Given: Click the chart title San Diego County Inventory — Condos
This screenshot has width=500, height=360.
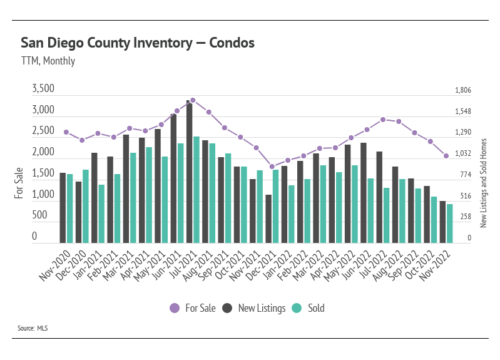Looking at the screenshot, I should pyautogui.click(x=138, y=43).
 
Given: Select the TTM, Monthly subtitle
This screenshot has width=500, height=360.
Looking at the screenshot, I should pyautogui.click(x=48, y=61).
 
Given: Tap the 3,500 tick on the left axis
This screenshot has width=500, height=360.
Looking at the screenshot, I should pyautogui.click(x=43, y=90).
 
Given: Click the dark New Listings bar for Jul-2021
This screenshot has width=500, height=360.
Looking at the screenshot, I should pyautogui.click(x=188, y=171).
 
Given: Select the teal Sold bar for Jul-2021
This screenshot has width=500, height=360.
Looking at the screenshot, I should pyautogui.click(x=196, y=189).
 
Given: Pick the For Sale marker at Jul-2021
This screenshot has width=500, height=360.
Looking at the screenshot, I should pyautogui.click(x=193, y=100).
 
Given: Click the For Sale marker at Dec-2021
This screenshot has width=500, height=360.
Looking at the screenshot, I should pyautogui.click(x=272, y=167).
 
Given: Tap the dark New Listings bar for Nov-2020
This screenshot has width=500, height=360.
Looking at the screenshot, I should pyautogui.click(x=63, y=207).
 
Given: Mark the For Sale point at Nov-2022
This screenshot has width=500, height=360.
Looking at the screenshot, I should pyautogui.click(x=446, y=156).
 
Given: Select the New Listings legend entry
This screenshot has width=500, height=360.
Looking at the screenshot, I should pyautogui.click(x=253, y=308).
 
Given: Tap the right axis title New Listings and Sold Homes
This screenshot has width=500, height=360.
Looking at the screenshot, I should pyautogui.click(x=483, y=183).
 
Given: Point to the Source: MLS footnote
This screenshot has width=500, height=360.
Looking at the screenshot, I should pyautogui.click(x=33, y=327).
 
